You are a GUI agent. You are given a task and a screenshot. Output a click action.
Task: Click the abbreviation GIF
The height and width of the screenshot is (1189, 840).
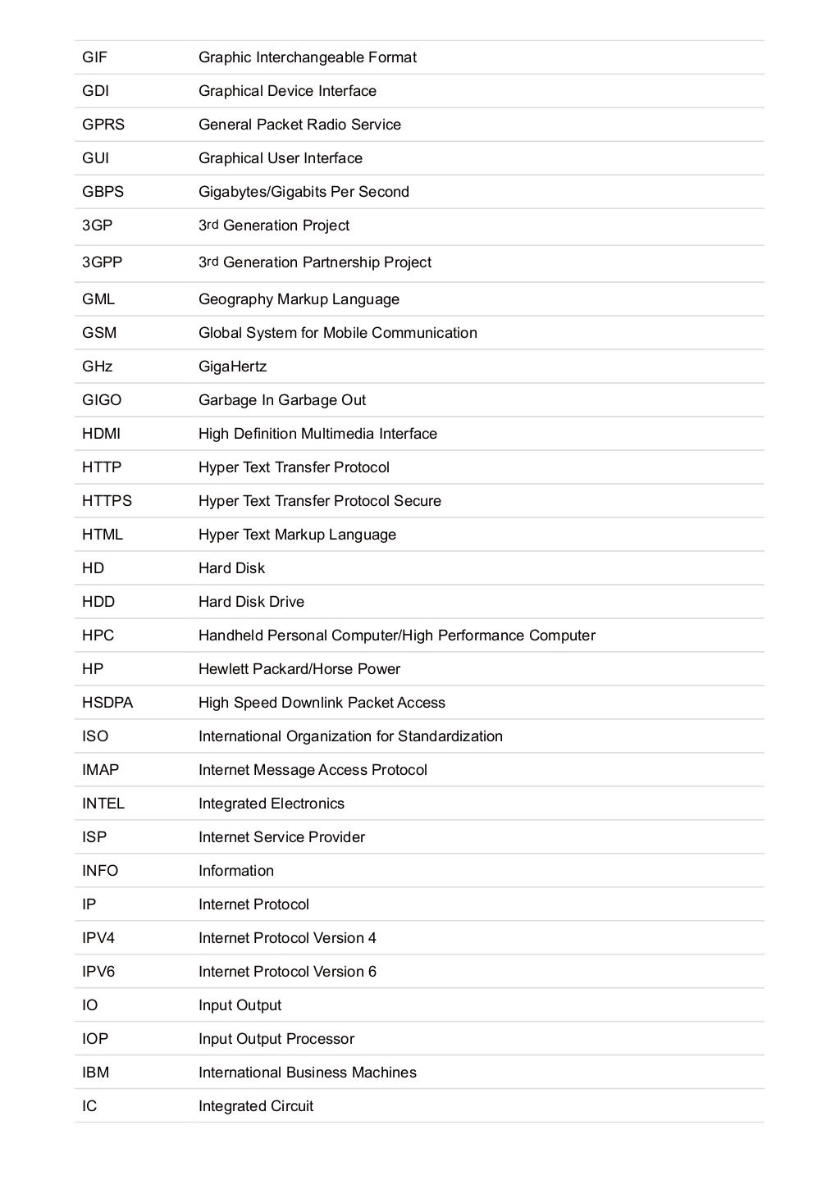(x=94, y=57)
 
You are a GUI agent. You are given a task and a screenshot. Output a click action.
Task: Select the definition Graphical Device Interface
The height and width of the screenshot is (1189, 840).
(x=287, y=91)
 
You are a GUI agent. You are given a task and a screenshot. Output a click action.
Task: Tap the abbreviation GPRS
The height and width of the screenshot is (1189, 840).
(x=103, y=125)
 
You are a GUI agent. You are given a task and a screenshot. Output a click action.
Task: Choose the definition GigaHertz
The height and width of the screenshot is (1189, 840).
(x=232, y=367)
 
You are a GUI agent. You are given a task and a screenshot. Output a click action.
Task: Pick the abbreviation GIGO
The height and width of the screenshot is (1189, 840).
(x=101, y=400)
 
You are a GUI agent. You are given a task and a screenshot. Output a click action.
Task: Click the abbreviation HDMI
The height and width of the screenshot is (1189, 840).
(x=101, y=434)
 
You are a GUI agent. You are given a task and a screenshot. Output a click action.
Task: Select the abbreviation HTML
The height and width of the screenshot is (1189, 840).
(x=102, y=535)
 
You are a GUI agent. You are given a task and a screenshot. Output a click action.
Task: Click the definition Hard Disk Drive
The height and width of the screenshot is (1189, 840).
(x=251, y=602)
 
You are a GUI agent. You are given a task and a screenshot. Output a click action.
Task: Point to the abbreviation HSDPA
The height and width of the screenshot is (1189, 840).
(x=107, y=703)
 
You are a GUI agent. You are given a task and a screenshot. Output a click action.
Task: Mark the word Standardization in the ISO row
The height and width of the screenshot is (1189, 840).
(x=450, y=736)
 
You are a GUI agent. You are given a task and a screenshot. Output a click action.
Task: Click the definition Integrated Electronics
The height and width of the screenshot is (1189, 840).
(x=271, y=804)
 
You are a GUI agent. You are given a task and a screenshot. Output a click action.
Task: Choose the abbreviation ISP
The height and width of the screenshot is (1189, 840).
(x=94, y=837)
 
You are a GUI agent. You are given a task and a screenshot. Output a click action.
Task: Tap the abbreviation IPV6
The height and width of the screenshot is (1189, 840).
(x=98, y=972)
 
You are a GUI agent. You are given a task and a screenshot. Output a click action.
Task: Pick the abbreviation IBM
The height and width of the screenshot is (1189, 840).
(x=95, y=1073)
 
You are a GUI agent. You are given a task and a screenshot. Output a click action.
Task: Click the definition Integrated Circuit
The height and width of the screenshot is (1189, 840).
(x=255, y=1106)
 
